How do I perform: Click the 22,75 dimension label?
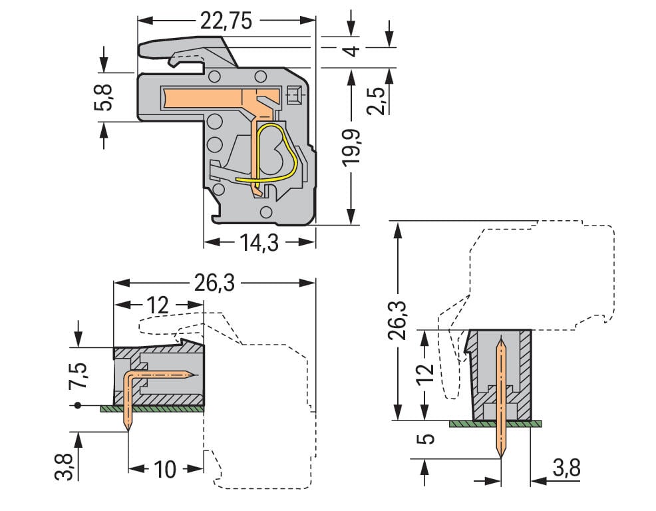[x=226, y=21]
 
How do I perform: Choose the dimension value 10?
[x=165, y=469]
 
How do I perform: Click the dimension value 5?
[x=428, y=439]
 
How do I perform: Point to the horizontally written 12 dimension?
[x=158, y=305]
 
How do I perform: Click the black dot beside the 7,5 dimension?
[x=78, y=405]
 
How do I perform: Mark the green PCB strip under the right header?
[x=496, y=423]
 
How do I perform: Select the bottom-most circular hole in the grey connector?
[x=266, y=212]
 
